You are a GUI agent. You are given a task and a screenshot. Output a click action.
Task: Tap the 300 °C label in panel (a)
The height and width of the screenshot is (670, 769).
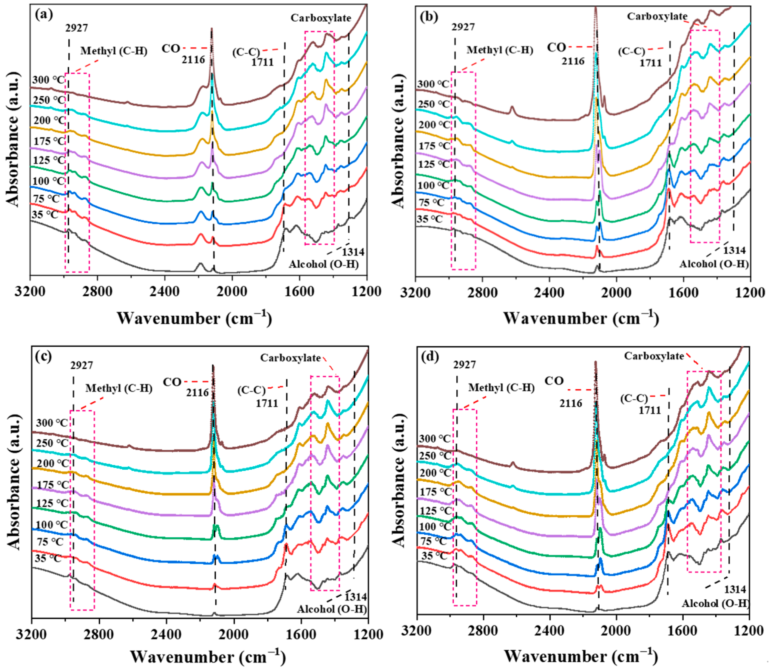point(48,80)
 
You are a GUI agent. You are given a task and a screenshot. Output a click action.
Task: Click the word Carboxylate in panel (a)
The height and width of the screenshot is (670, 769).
point(321,18)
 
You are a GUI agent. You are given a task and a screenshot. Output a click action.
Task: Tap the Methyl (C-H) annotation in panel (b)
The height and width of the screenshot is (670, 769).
point(500,50)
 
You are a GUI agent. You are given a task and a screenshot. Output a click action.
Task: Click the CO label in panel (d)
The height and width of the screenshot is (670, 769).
point(554,381)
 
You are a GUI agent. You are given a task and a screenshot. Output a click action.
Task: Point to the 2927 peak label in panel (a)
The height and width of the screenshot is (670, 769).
point(77,28)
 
